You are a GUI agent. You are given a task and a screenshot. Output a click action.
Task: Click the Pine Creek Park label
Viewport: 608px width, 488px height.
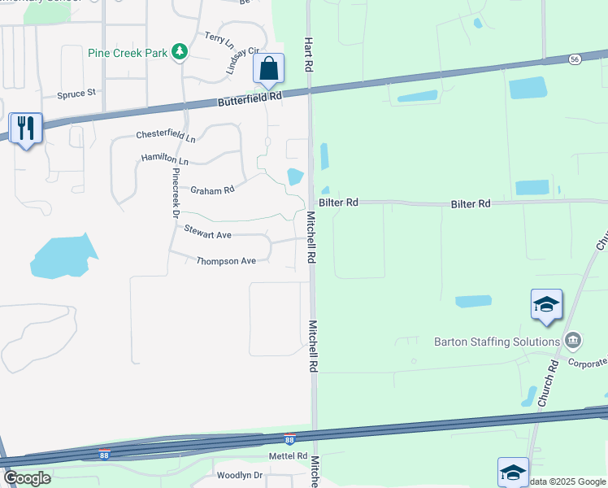click(128, 53)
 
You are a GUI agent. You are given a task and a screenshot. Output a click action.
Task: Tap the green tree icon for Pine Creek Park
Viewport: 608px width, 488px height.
click(180, 53)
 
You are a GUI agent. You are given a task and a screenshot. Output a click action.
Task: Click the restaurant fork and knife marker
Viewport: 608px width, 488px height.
click(25, 128)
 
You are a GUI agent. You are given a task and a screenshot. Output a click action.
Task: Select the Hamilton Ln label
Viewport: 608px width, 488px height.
click(164, 159)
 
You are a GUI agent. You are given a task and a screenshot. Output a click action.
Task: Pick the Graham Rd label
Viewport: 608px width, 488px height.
click(212, 190)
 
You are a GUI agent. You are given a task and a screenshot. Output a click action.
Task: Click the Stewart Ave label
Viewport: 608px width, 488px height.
click(207, 234)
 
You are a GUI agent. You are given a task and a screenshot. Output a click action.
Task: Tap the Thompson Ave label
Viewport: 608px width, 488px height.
click(226, 260)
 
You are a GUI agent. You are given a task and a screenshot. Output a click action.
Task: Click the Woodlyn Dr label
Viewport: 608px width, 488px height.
click(240, 475)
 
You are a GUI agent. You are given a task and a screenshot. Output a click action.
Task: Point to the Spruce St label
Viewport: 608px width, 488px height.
click(76, 94)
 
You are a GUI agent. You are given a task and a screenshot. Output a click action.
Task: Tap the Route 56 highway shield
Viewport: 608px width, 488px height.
click(575, 59)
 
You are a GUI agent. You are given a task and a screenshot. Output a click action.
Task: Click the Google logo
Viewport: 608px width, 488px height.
click(27, 477)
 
